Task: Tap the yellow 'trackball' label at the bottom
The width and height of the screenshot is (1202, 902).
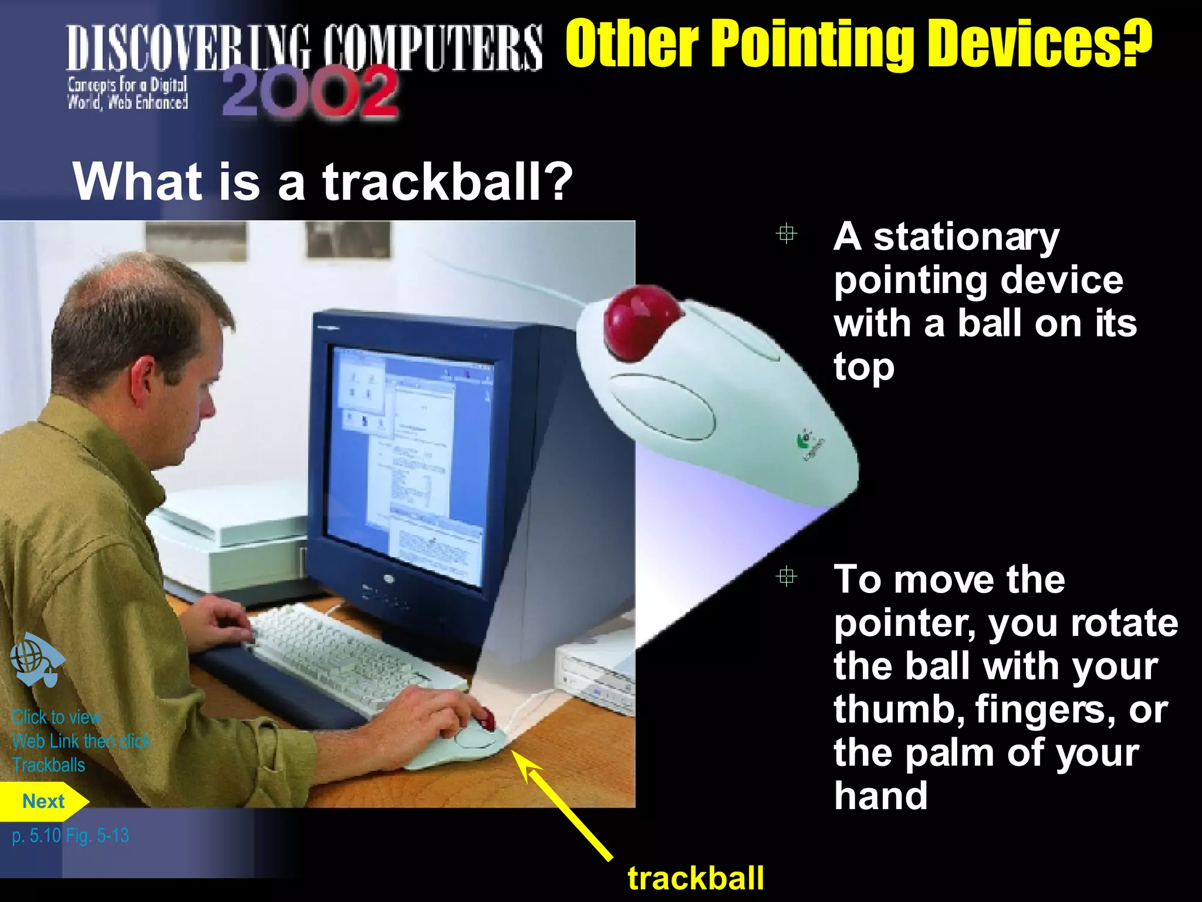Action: (695, 879)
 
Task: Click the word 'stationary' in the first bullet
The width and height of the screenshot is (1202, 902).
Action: (966, 238)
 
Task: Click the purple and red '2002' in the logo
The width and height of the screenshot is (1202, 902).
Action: (310, 93)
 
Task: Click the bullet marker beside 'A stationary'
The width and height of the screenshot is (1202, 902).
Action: (786, 234)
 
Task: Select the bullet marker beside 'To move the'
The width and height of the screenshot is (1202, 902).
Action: (786, 577)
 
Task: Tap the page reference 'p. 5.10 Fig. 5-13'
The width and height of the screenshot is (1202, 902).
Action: (70, 835)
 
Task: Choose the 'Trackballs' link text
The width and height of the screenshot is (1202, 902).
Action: (49, 765)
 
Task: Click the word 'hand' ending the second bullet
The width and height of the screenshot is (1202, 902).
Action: (880, 796)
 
